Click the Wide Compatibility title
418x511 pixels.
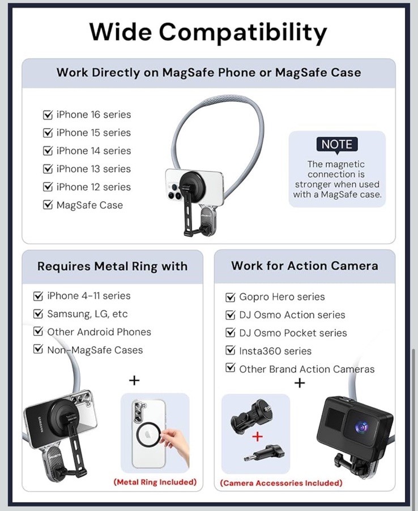pos(208,32)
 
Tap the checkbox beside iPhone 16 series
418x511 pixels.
pos(48,115)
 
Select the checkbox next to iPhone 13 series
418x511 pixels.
pos(48,169)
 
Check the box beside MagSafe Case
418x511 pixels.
pos(48,206)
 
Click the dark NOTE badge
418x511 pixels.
pos(337,144)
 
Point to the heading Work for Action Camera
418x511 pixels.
pos(305,266)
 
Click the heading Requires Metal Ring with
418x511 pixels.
pos(112,266)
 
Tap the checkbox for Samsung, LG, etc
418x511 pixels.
pos(39,314)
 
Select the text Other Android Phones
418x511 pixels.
pos(99,332)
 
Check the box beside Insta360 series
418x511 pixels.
pos(231,351)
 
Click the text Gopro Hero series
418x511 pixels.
pos(282,297)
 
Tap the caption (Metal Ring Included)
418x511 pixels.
pos(155,482)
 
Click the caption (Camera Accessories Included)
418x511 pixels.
pos(281,483)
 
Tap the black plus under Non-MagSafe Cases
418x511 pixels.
pos(134,380)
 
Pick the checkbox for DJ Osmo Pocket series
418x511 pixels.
pos(231,333)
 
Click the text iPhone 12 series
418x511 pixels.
pos(93,188)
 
